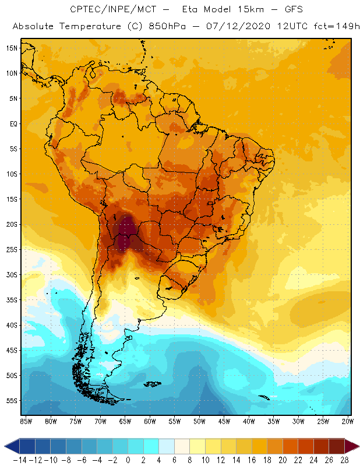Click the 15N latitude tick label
click(x=12, y=48)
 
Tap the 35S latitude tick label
click(x=12, y=300)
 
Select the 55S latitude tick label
click(x=12, y=401)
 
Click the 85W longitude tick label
click(x=26, y=421)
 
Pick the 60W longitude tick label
click(x=150, y=421)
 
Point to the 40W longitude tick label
click(x=249, y=421)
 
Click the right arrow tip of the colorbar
click(x=357, y=446)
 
